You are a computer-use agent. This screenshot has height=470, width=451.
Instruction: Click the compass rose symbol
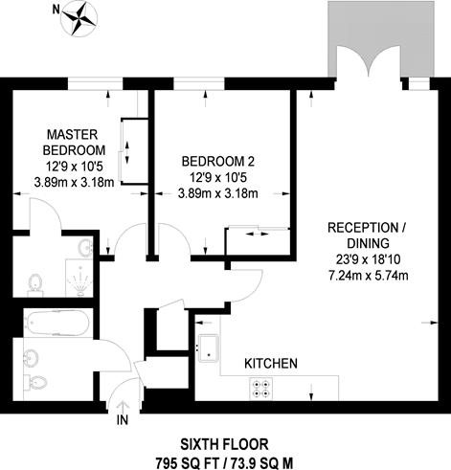coord(79,18)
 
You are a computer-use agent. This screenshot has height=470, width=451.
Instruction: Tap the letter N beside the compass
coord(56,11)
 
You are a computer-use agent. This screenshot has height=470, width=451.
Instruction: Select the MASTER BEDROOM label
coord(74,142)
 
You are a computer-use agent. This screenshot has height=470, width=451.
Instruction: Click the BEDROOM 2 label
coord(218,162)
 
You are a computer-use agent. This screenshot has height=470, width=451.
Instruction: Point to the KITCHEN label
coord(271,364)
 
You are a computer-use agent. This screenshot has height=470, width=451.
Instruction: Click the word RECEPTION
coord(363,228)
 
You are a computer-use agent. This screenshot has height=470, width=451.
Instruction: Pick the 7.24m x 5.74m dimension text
coord(369,275)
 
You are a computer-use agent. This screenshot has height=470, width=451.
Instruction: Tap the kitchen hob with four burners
coord(261,389)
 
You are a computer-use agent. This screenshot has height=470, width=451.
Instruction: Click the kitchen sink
coord(209,347)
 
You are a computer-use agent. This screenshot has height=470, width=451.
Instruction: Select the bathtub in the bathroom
coord(57,323)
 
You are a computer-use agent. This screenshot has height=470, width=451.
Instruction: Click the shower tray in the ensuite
coord(79,278)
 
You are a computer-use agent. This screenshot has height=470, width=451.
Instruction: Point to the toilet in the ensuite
coord(35,284)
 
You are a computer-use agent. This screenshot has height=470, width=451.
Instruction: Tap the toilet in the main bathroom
coord(35,382)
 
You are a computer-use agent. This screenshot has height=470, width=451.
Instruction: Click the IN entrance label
coord(123,420)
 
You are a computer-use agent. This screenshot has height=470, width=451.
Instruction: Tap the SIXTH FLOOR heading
coord(224,444)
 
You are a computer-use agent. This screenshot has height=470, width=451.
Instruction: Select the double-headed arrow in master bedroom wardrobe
coord(127,152)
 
